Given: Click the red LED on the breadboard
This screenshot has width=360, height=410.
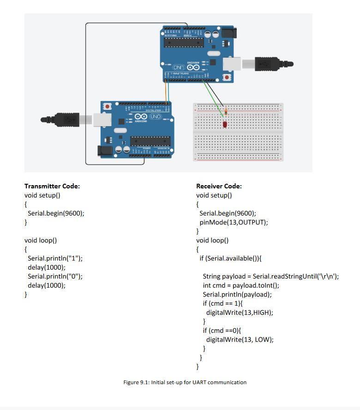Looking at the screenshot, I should [x=225, y=124].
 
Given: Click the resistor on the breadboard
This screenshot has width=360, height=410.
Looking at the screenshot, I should [x=226, y=112].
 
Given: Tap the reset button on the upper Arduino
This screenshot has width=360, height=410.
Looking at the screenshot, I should [x=227, y=77].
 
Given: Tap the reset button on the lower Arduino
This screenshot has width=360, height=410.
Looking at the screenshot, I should [x=108, y=107].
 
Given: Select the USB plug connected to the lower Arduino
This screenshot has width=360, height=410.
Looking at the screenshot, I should [x=60, y=120].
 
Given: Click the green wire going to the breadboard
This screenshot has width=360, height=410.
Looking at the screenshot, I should [x=212, y=95].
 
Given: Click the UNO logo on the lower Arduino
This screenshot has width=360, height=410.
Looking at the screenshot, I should [x=155, y=116].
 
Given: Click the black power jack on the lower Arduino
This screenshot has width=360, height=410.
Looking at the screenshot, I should [x=105, y=151].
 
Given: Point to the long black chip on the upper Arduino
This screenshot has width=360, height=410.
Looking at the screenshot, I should [x=184, y=42].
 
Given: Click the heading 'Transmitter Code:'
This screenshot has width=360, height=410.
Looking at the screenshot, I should [x=52, y=186].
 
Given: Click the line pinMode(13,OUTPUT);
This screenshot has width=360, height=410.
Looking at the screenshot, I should [x=234, y=222].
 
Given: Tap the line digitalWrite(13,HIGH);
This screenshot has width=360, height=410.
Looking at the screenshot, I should [x=240, y=312].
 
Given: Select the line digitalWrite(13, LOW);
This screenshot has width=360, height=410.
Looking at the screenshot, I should [x=240, y=339].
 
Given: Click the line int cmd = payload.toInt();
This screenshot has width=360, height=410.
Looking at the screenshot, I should [x=241, y=285].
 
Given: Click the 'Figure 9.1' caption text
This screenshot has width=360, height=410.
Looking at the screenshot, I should [x=185, y=382].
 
